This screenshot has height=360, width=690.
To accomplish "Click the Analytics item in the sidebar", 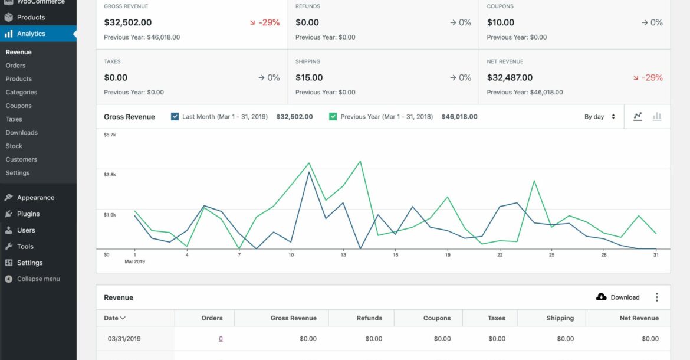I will point(31,34).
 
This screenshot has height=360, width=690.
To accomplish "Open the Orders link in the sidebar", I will point(16,66).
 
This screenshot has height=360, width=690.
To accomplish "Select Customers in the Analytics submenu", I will point(21,159).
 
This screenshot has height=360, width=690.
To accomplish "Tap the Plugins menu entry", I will point(28,214).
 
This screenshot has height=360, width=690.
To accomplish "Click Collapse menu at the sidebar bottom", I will point(38,279).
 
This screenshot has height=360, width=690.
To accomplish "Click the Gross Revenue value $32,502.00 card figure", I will point(128,22).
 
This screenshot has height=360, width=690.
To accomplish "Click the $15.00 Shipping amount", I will point(309,77).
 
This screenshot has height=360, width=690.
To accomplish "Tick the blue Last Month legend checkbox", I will point(175,117).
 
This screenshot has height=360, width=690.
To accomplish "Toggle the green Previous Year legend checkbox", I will point(333,117).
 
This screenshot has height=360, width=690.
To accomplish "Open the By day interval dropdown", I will point(600,117).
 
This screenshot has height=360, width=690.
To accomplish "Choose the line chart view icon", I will point(638,117).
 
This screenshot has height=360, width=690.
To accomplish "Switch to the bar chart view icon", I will point(656,117).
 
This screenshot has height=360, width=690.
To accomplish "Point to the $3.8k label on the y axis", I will point(110,175).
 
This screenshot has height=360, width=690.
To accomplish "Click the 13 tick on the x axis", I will point(343,255).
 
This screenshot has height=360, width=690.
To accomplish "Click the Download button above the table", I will point(618,297).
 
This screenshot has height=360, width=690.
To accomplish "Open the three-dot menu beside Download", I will point(657,297).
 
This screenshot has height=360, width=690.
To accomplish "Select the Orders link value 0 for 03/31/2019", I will point(221,339).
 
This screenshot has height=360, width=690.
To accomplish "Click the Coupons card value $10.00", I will point(501,22).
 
